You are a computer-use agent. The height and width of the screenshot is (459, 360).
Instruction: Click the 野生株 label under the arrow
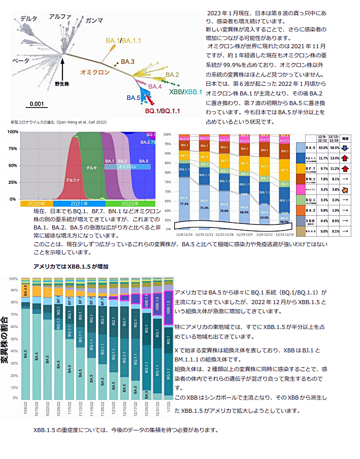coord(61,84)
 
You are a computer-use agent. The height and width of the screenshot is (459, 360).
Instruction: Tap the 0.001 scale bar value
coord(37,104)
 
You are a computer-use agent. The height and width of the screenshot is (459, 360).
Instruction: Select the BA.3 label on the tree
coord(127,62)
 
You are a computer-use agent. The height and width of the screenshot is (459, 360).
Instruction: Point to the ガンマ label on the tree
coord(94,20)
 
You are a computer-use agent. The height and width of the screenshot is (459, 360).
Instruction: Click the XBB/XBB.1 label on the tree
coord(185,92)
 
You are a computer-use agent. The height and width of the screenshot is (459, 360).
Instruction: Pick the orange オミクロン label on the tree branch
coord(95,73)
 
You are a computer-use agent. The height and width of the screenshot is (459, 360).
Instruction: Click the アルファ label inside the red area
coord(72,180)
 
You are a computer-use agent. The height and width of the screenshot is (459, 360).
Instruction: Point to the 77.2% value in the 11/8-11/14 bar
coord(183,204)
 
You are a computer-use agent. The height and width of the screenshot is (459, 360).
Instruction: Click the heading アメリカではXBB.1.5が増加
coord(71,266)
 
